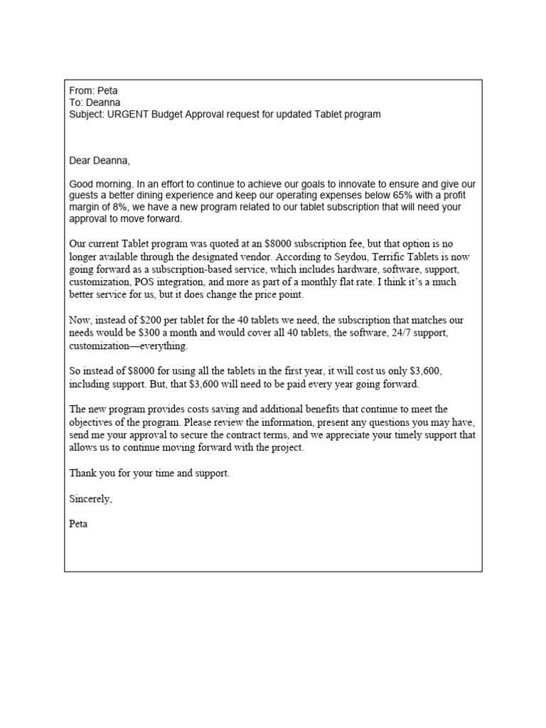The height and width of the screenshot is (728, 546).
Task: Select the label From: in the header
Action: click(x=81, y=90)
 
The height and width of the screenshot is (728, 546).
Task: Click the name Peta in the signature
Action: click(x=78, y=524)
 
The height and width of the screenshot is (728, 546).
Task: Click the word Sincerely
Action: click(x=90, y=498)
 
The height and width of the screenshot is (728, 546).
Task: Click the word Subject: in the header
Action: click(x=87, y=114)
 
